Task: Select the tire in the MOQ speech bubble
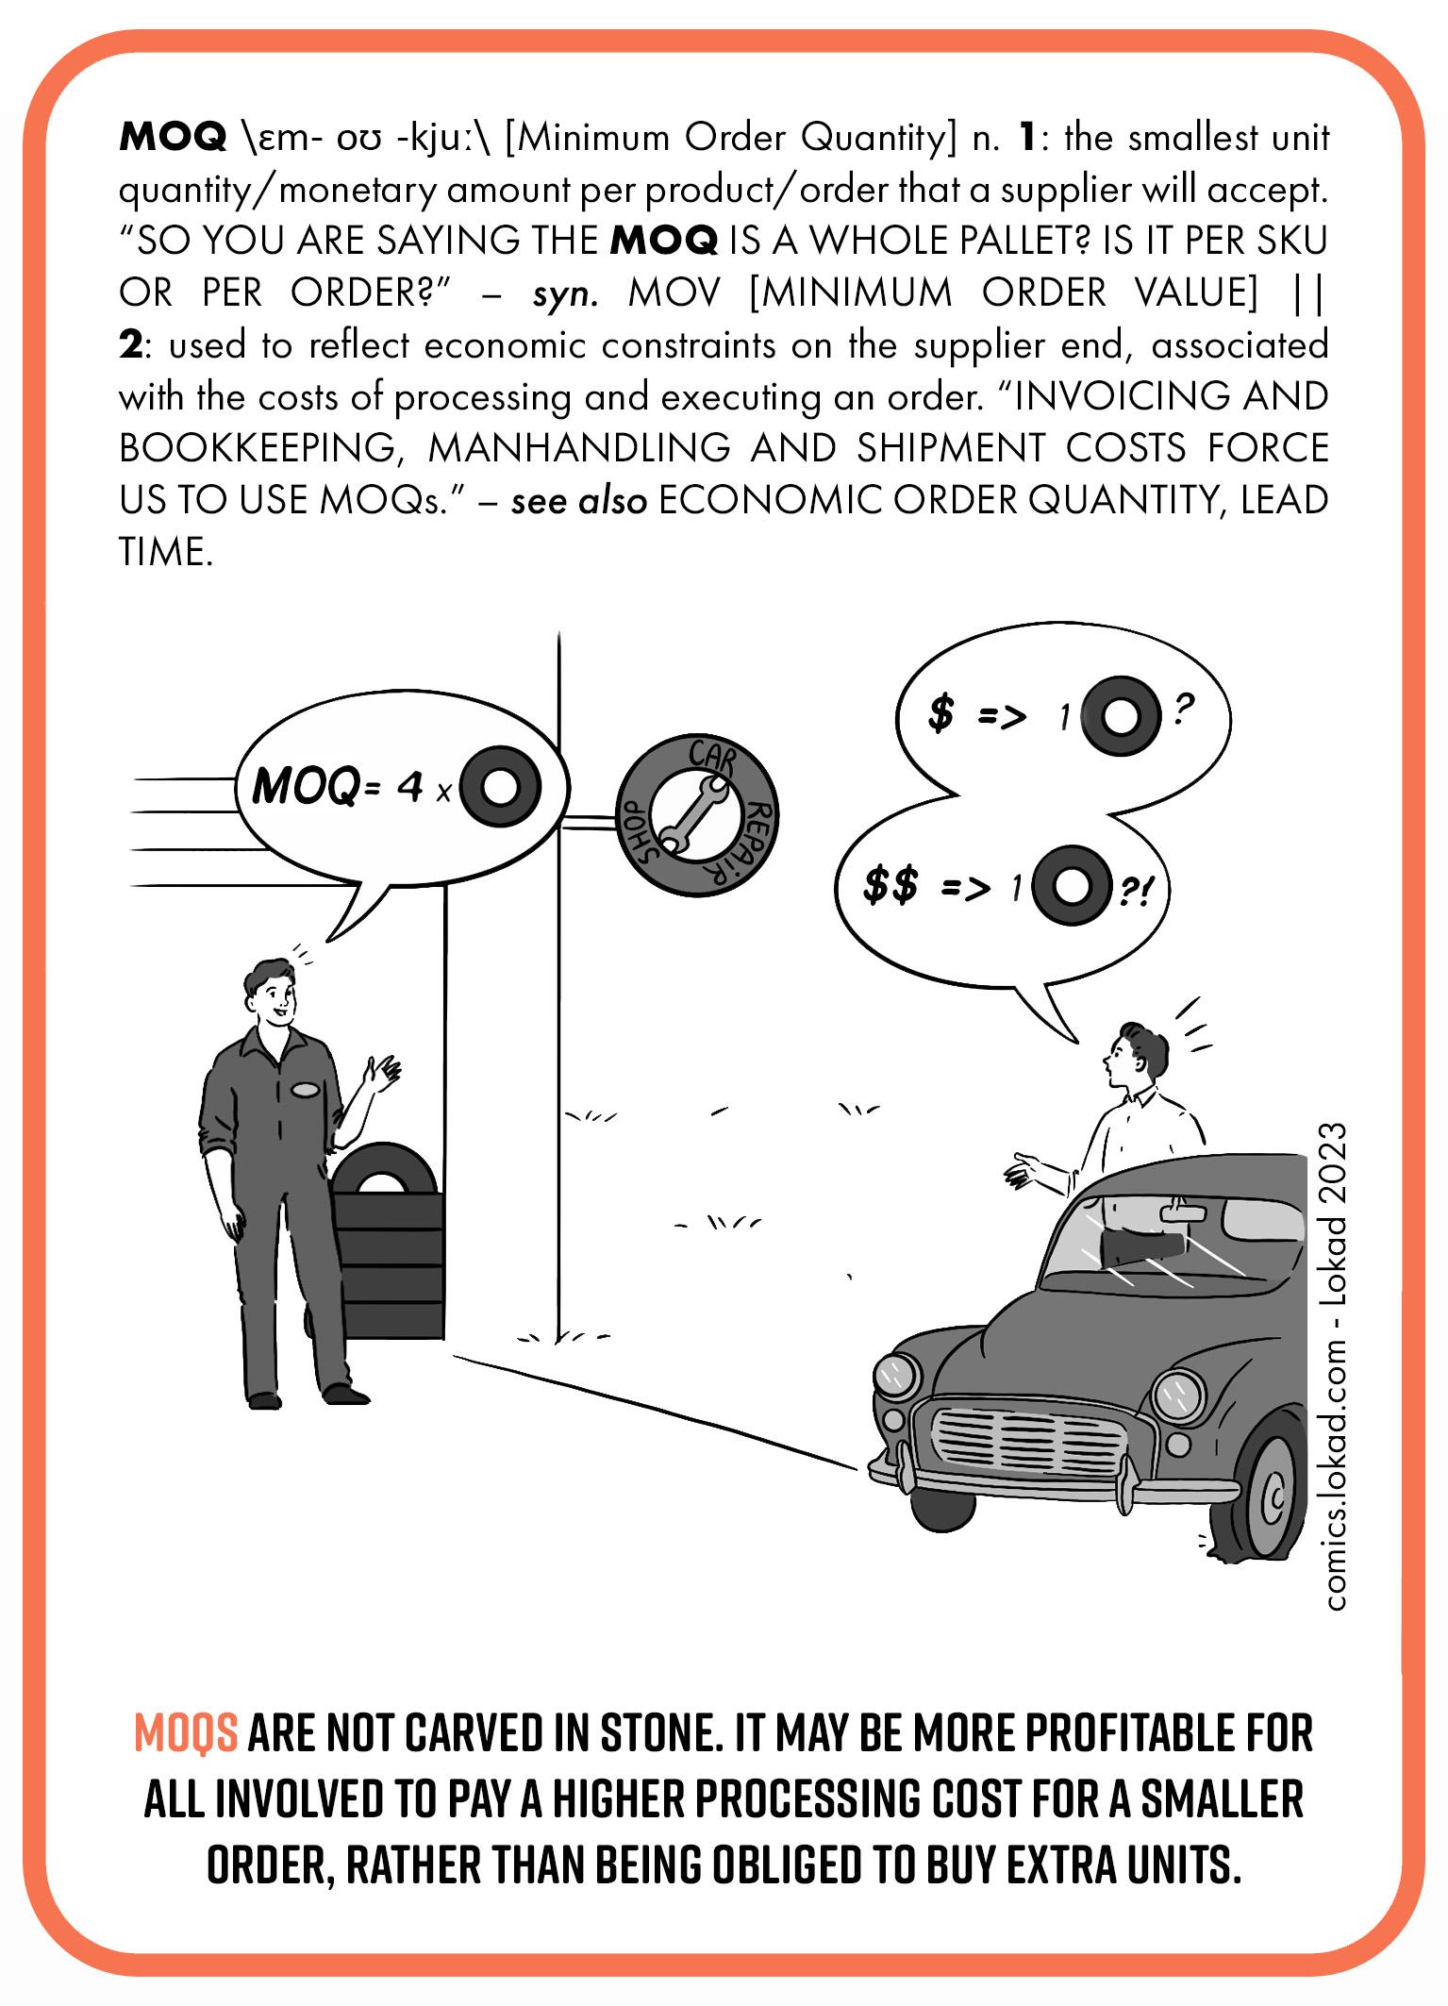point(501,786)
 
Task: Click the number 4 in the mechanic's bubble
point(409,788)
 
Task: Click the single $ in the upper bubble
point(940,714)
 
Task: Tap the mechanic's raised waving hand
point(385,1073)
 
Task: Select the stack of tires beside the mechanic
point(386,1245)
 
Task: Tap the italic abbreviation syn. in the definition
point(564,293)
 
